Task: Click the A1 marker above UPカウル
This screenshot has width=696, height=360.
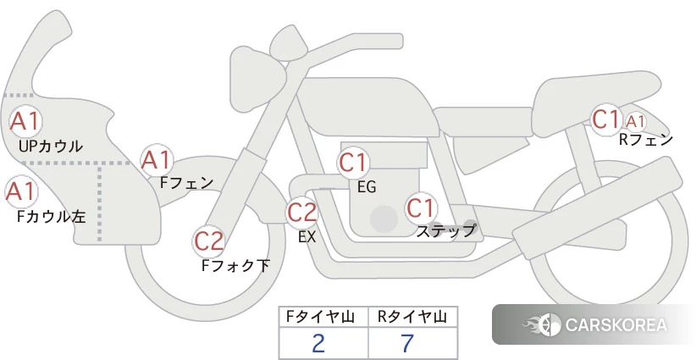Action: [x=25, y=121]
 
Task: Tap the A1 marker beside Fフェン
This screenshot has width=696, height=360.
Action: [x=156, y=161]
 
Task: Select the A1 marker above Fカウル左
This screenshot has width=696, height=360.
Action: [x=20, y=191]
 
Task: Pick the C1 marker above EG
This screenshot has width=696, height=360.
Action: [x=353, y=163]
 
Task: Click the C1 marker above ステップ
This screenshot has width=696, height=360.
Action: [x=421, y=208]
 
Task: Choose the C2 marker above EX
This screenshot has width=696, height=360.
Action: [x=302, y=212]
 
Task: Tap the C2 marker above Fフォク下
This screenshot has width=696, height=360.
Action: [x=209, y=241]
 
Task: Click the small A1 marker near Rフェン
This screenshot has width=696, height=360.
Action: [x=635, y=121]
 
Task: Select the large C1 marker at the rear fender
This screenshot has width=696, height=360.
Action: [x=606, y=119]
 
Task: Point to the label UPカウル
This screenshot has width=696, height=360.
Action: [x=51, y=146]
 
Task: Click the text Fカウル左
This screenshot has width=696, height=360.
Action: [x=51, y=217]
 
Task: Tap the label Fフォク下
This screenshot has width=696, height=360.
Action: [x=235, y=265]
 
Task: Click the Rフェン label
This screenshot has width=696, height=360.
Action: [x=646, y=140]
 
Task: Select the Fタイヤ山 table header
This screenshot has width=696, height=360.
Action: [x=320, y=317]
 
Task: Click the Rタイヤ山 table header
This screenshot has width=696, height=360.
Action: [x=412, y=317]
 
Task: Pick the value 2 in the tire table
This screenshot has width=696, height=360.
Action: [x=318, y=343]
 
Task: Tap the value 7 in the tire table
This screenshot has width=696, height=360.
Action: [x=407, y=343]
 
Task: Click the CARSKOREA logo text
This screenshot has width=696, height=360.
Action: [x=616, y=324]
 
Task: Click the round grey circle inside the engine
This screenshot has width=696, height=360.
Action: [x=384, y=219]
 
